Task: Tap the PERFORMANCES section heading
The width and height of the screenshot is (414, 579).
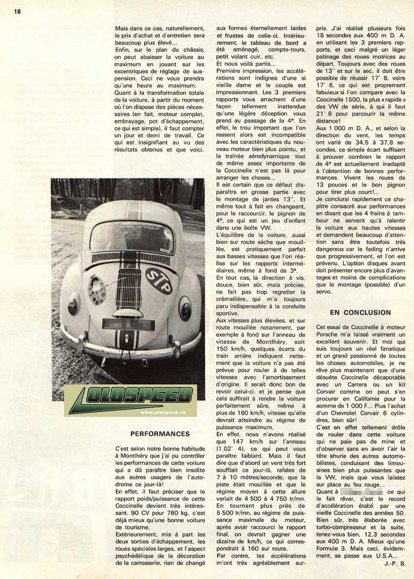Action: tap(159, 433)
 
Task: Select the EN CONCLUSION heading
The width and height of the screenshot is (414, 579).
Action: tap(360, 312)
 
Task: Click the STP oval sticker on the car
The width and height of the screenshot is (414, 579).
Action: tap(159, 280)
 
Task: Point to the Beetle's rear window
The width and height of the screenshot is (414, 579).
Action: tap(131, 236)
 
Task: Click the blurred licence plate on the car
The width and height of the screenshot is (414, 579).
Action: tap(127, 324)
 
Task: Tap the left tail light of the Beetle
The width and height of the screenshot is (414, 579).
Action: tap(73, 305)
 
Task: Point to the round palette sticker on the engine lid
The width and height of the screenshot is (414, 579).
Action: tap(97, 289)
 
